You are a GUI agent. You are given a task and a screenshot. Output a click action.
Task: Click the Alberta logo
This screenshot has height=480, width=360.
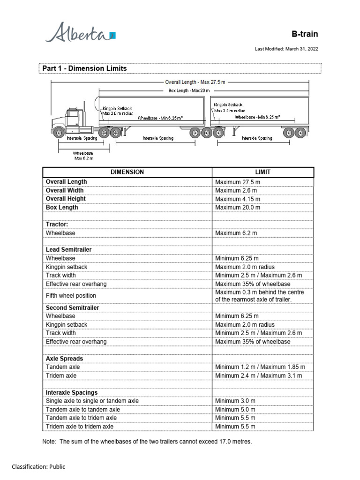point(79,34)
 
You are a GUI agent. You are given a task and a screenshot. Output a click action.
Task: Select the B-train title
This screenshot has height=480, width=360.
point(305,34)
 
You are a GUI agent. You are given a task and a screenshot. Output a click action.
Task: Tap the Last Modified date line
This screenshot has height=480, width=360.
point(286,49)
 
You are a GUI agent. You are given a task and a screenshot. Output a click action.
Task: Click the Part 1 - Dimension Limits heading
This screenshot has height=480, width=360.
point(84,68)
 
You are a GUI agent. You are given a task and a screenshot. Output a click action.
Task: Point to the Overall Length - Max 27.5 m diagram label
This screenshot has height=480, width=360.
point(195,82)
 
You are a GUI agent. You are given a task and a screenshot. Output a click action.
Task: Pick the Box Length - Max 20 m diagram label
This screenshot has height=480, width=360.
point(189,90)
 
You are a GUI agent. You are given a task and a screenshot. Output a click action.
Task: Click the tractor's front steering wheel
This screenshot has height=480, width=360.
point(60,133)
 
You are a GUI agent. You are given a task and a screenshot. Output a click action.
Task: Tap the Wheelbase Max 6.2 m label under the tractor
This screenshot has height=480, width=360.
point(84,156)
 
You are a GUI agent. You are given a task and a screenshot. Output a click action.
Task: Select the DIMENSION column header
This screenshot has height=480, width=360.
point(127,172)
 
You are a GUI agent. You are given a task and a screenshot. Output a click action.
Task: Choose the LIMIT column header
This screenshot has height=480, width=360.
point(262,172)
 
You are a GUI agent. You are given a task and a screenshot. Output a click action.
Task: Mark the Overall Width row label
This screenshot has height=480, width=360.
point(65,190)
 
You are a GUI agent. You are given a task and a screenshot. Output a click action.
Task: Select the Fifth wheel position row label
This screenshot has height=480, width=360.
point(71,296)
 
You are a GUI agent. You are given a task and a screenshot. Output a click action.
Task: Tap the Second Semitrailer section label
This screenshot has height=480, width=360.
point(72,308)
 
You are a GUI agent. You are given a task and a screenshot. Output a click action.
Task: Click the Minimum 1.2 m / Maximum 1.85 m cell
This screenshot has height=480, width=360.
point(260,367)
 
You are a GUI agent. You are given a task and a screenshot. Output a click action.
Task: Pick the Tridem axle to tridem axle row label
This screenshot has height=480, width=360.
point(79,427)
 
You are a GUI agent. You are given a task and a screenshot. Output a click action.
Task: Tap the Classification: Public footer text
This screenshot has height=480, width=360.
point(38,466)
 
